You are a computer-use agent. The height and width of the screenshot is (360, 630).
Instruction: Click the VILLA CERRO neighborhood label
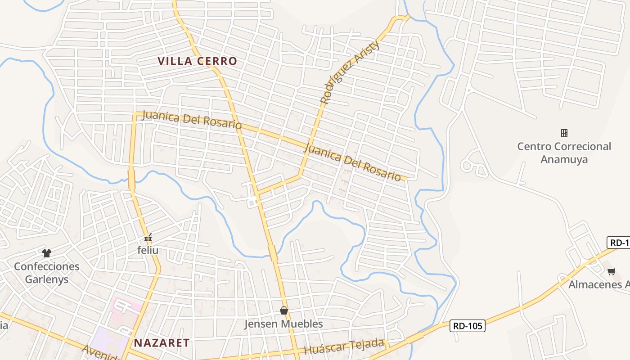[197, 61]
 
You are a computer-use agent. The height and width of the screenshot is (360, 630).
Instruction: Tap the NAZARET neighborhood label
[162, 343]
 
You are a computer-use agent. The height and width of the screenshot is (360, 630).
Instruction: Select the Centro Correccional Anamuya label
[564, 153]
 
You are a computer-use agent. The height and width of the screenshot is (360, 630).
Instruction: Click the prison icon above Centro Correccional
[564, 133]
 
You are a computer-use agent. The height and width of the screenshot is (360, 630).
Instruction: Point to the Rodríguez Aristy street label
[350, 72]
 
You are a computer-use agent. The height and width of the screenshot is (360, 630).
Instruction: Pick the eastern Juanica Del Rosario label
[352, 162]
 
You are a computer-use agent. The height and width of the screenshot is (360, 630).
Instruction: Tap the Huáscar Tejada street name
[344, 347]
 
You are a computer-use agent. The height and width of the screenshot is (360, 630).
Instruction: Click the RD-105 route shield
[468, 325]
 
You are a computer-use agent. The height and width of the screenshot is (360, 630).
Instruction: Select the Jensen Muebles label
[283, 324]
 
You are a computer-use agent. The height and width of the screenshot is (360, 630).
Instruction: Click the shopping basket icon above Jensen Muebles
[283, 310]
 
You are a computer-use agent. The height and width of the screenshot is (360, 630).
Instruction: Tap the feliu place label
[148, 250]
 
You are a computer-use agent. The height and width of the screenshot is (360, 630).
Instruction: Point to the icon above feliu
[148, 238]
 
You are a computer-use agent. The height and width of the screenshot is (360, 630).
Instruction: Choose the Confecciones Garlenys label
[47, 273]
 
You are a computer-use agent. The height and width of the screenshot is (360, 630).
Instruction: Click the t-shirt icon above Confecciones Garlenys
[47, 253]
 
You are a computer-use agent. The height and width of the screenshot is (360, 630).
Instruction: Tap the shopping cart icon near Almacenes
[611, 271]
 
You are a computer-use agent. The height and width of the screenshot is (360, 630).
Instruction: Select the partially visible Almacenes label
[598, 284]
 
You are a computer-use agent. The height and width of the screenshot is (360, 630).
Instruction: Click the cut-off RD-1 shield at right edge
[619, 243]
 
